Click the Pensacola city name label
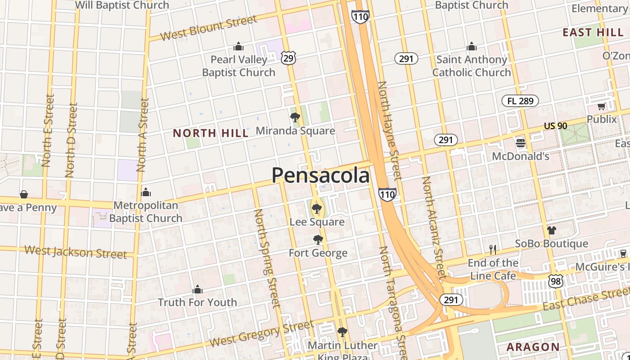[x=320, y=175]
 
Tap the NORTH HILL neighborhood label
[x=211, y=133]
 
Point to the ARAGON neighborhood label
[x=533, y=347]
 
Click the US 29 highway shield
[x=289, y=57]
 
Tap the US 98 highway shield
[x=556, y=281]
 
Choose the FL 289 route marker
[x=520, y=101]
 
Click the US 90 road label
[x=555, y=126]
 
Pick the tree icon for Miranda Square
[x=295, y=118]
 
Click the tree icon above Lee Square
[x=317, y=208]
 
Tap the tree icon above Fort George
[x=318, y=239]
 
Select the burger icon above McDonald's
[x=521, y=144]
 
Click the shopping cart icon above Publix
[x=602, y=107]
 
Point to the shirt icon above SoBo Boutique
[x=552, y=230]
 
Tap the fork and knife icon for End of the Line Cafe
[x=493, y=249]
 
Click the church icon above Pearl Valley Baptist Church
[x=238, y=46]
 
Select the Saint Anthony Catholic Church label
[x=472, y=66]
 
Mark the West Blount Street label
[x=208, y=27]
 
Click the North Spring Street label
[x=267, y=258]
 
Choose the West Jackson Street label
[x=76, y=252]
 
